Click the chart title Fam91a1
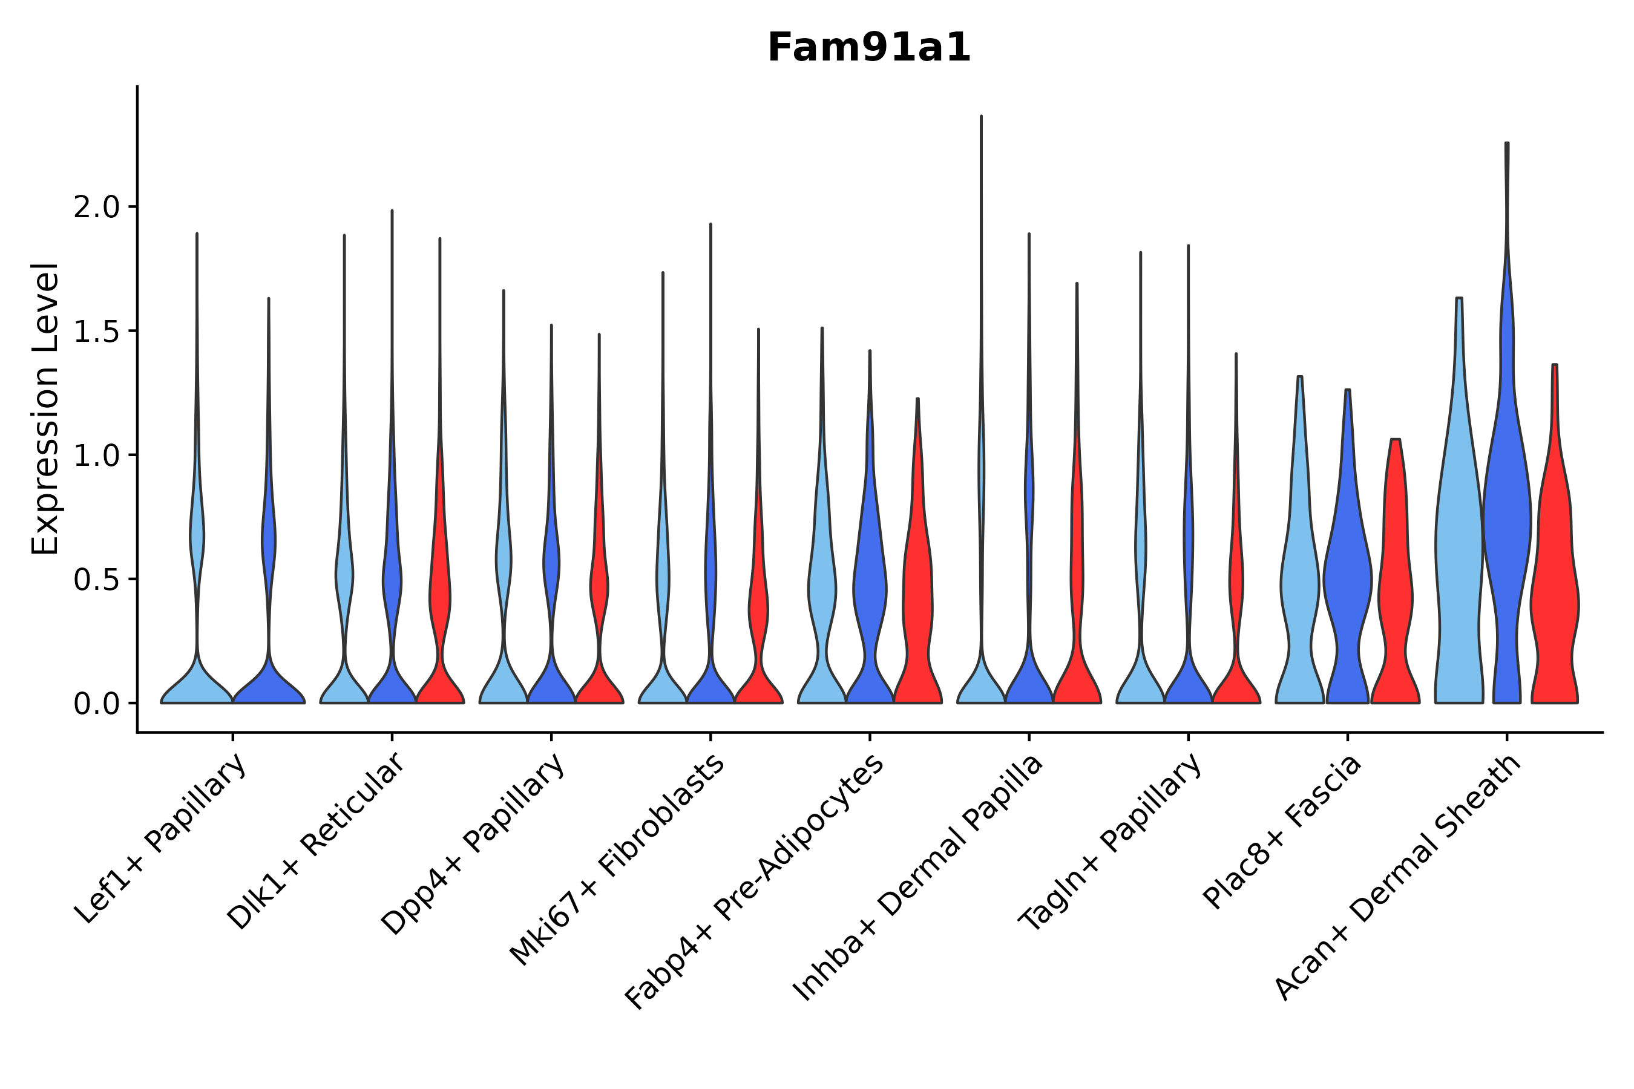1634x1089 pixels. coord(868,48)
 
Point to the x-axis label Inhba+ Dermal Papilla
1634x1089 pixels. coord(917,878)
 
